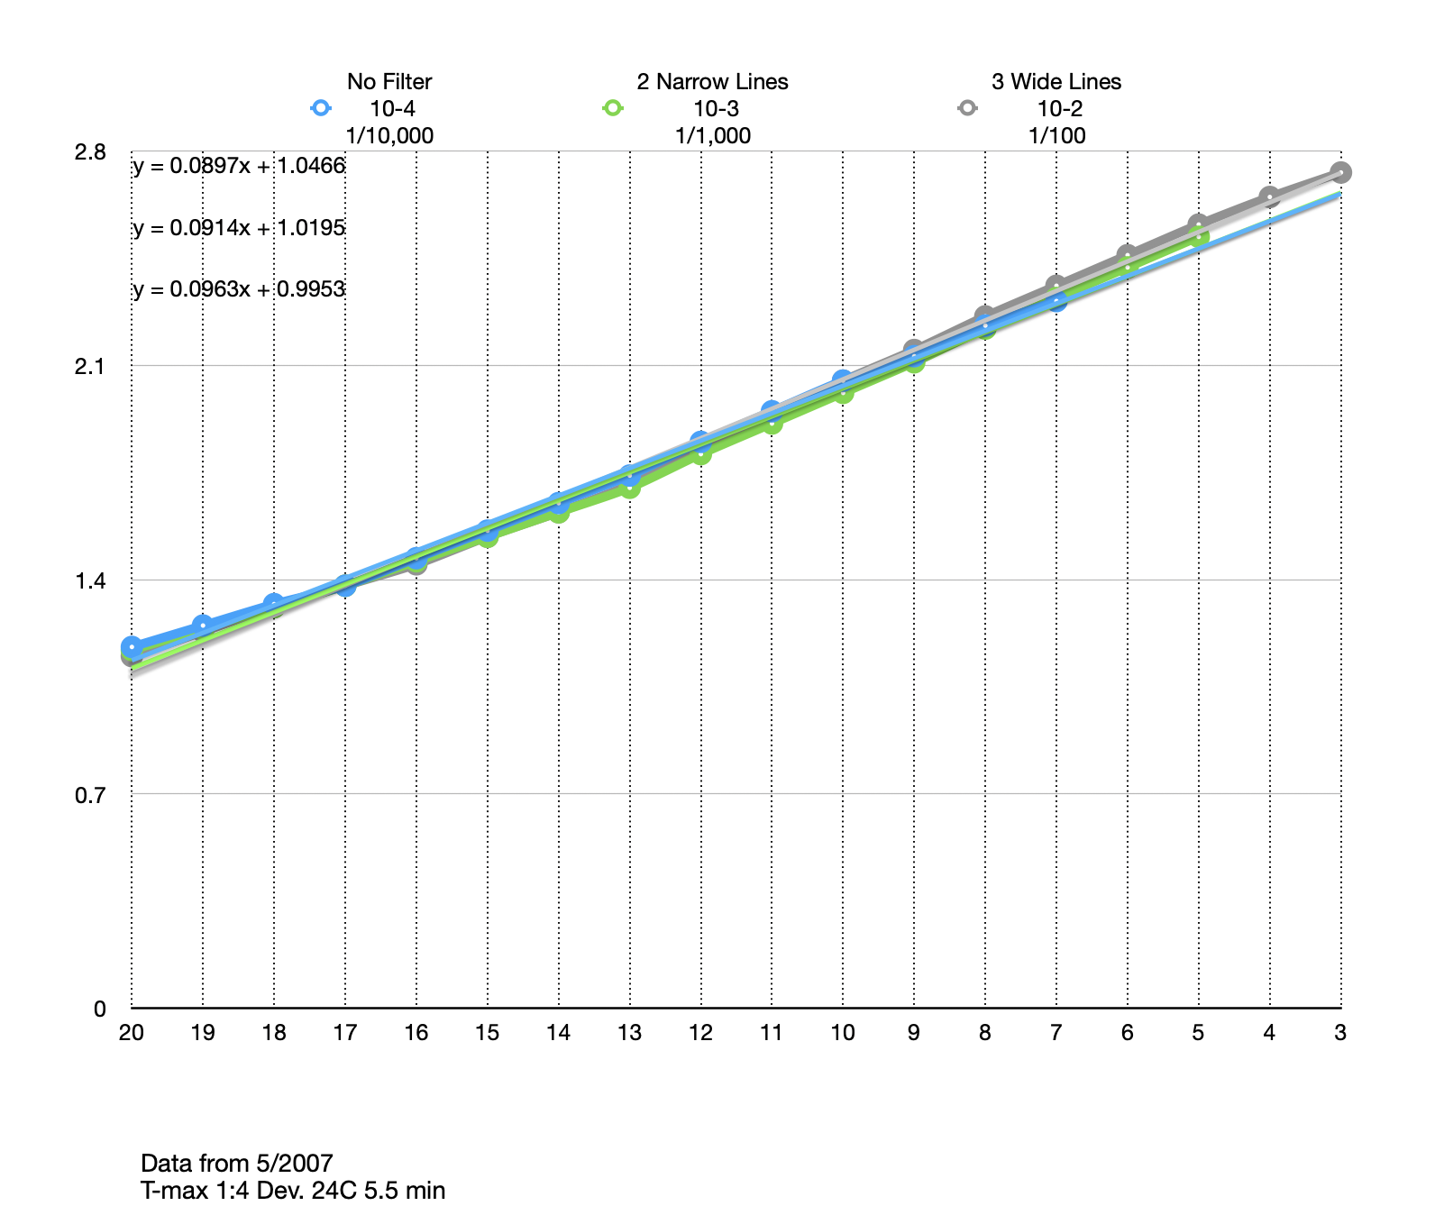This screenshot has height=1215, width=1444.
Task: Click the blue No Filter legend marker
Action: (x=321, y=108)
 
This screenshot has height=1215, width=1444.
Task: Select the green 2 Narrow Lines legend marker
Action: (x=613, y=108)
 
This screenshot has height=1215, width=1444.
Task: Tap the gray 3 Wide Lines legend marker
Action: (x=967, y=108)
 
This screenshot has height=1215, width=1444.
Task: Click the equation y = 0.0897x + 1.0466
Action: (x=239, y=166)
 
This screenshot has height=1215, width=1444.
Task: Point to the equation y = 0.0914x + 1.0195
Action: (x=239, y=228)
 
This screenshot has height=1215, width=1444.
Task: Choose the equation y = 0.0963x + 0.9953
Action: (x=239, y=289)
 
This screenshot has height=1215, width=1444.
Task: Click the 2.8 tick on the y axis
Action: (x=90, y=151)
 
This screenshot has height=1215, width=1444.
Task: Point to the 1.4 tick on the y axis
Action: (x=90, y=580)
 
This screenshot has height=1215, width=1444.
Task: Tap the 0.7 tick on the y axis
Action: (x=90, y=795)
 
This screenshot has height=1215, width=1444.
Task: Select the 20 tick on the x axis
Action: (x=132, y=1033)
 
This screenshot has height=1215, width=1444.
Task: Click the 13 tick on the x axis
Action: (x=629, y=1033)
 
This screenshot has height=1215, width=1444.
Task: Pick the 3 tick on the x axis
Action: (x=1340, y=1033)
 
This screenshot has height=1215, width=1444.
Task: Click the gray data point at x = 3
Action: (x=1340, y=172)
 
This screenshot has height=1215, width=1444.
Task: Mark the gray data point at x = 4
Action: (x=1269, y=197)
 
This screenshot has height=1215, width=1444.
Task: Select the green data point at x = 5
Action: (x=1199, y=237)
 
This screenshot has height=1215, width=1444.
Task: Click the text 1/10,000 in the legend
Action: (x=389, y=136)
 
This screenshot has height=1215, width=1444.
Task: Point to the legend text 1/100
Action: (x=1056, y=136)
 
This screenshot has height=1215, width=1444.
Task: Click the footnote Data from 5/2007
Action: (x=237, y=1163)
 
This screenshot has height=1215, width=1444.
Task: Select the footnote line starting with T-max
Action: (x=293, y=1191)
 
